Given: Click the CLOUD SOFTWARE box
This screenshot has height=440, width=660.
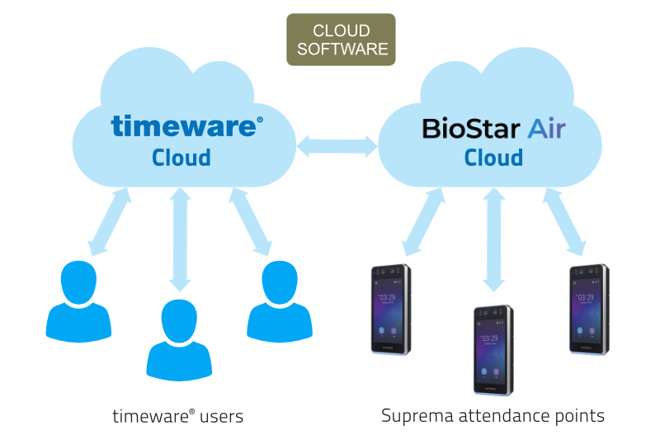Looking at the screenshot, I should pyautogui.click(x=341, y=40).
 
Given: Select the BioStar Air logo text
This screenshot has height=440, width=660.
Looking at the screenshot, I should pyautogui.click(x=493, y=129).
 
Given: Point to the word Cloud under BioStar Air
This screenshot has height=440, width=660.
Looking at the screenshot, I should pyautogui.click(x=493, y=157).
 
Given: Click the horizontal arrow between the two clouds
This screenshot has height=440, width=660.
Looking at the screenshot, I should pyautogui.click(x=337, y=147).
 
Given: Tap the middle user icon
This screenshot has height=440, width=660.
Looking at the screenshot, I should pyautogui.click(x=179, y=338).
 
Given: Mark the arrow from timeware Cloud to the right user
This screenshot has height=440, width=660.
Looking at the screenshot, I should pyautogui.click(x=251, y=221).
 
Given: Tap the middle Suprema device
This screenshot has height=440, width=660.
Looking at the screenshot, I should pyautogui.click(x=493, y=349).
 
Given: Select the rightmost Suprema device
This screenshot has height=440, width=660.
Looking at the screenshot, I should pyautogui.click(x=588, y=310).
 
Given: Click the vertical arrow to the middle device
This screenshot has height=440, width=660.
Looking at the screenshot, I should pyautogui.click(x=493, y=239).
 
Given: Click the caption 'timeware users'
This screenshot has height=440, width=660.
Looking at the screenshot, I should pyautogui.click(x=177, y=416).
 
